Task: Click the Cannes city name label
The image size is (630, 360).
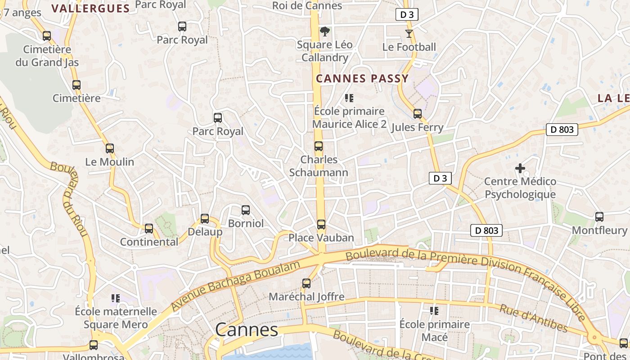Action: click(247, 330)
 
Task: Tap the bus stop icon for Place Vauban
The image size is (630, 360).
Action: click(321, 224)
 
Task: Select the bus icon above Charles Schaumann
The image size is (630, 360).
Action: click(319, 146)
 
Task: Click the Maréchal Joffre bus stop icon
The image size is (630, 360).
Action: click(306, 283)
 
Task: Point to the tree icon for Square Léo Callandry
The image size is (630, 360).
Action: click(324, 31)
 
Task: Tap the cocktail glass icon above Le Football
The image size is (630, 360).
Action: click(409, 33)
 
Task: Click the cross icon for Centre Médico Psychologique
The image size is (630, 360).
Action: click(520, 168)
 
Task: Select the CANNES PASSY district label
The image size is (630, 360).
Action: click(362, 79)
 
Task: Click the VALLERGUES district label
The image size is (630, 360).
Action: click(90, 8)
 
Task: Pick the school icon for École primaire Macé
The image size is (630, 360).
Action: click(434, 310)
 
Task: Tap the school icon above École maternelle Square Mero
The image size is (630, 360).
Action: click(116, 298)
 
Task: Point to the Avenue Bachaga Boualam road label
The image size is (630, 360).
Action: click(235, 286)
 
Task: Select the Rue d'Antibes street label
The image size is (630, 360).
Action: click(533, 318)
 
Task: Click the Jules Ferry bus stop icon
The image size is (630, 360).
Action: click(418, 113)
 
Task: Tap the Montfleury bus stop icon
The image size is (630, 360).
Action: click(599, 216)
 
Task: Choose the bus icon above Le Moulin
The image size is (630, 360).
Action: click(110, 148)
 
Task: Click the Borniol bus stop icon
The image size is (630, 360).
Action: click(246, 210)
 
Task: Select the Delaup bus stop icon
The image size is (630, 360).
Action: click(205, 218)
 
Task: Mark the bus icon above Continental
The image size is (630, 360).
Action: click(149, 228)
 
